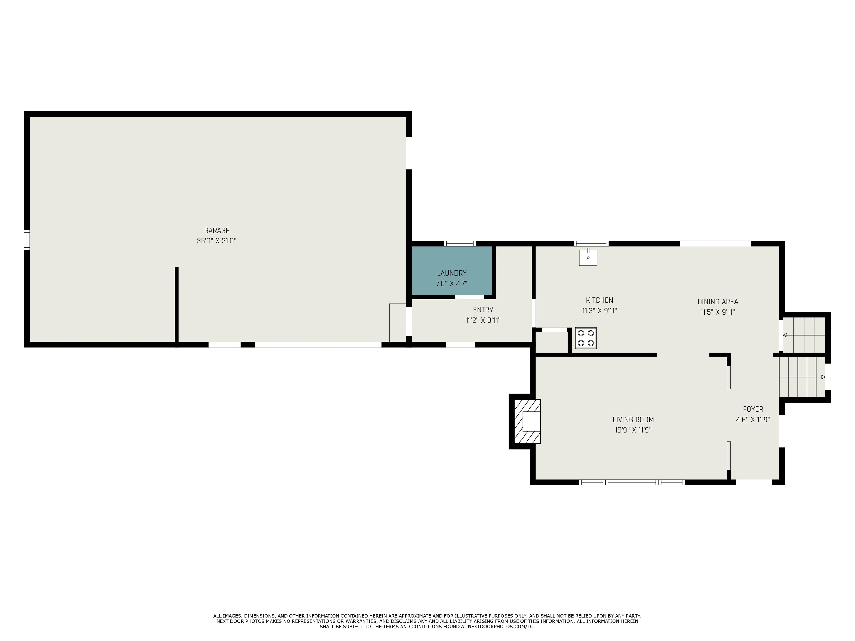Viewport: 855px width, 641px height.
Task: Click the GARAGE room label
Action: tap(217, 231)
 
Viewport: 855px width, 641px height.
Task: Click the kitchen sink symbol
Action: tap(588, 257)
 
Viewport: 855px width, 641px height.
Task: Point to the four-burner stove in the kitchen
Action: tap(586, 338)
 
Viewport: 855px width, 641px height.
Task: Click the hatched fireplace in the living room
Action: tap(527, 421)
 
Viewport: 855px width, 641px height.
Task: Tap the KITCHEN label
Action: tap(600, 300)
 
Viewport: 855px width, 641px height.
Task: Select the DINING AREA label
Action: tap(718, 302)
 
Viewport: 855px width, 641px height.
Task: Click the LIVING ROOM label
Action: tap(633, 420)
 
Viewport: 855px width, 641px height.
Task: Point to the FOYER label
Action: tap(753, 409)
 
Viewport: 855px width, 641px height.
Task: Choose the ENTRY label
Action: tap(483, 310)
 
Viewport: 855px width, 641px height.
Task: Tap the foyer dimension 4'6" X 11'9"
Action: tap(753, 420)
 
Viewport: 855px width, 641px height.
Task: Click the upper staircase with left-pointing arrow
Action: tap(804, 335)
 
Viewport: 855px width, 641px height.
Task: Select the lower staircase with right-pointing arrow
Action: tap(802, 377)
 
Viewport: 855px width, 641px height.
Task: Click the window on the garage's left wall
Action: tap(27, 240)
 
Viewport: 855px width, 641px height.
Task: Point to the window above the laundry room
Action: tap(460, 243)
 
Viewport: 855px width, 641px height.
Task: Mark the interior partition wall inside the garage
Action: tap(177, 305)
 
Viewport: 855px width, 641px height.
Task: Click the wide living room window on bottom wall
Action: tap(632, 482)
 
